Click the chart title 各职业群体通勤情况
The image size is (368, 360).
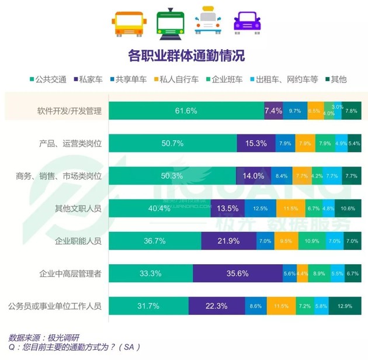[x=186, y=56]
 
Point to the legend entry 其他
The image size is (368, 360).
[x=338, y=79]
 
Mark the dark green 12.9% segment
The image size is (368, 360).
[x=348, y=306]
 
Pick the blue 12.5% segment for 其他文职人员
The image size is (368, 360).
[x=260, y=208]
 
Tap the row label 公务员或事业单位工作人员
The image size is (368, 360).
[x=55, y=306]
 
